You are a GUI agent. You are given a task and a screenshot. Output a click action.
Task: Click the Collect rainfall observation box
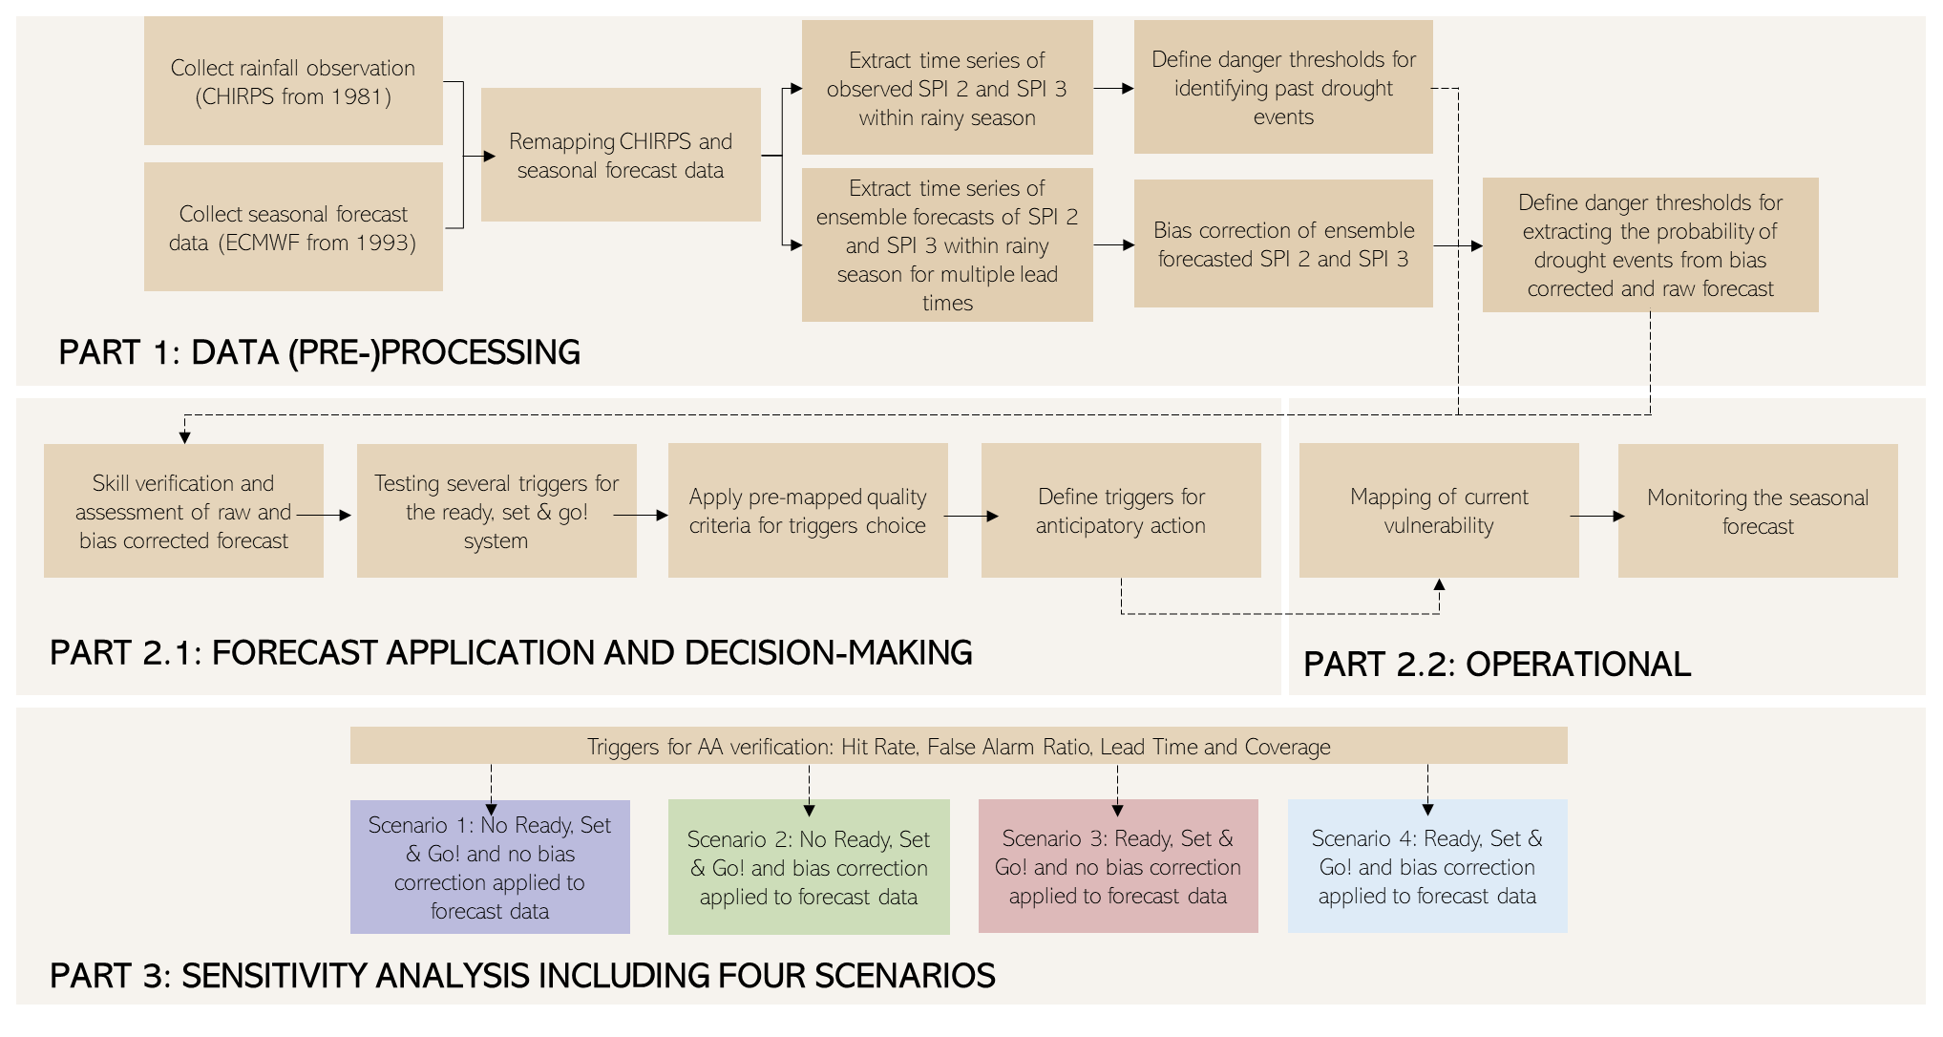click(x=293, y=81)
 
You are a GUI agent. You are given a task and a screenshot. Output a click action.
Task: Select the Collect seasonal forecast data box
click(x=293, y=227)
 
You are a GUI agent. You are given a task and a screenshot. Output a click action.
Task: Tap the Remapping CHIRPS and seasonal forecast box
click(x=621, y=155)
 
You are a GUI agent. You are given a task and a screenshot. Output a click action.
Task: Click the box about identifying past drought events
click(x=1283, y=88)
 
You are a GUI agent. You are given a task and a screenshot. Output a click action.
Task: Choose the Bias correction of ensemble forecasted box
click(x=1283, y=244)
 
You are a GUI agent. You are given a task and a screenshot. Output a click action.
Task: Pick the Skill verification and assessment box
click(x=183, y=511)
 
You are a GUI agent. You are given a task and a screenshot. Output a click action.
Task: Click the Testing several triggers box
click(x=496, y=511)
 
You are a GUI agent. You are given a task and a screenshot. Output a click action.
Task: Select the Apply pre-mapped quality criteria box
click(x=808, y=511)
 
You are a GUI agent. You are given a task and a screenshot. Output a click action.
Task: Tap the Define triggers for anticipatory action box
click(x=1121, y=511)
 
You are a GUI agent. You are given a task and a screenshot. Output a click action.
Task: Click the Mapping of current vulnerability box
click(x=1439, y=511)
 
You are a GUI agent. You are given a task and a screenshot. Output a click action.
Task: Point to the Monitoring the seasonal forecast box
click(x=1758, y=511)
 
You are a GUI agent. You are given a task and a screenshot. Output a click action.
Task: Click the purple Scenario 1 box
click(x=490, y=867)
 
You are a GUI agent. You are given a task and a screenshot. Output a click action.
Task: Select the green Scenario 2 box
click(x=809, y=867)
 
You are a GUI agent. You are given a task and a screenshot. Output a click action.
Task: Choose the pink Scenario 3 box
click(x=1118, y=866)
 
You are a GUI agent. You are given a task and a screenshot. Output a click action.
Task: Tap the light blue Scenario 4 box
click(x=1427, y=866)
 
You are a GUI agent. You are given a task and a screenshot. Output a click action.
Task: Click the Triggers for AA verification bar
click(x=959, y=746)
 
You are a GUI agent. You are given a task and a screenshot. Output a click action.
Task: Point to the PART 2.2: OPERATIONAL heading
click(x=1497, y=665)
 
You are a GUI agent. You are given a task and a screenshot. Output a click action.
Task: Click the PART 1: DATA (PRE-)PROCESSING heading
click(x=319, y=352)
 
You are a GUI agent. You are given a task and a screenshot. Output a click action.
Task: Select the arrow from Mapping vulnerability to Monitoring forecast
click(x=1597, y=517)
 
